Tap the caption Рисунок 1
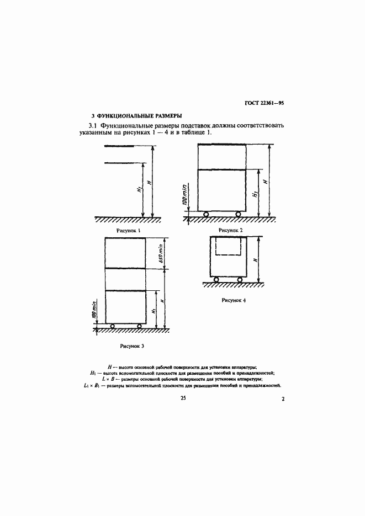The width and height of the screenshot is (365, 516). [129, 230]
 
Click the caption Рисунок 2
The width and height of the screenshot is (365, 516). [231, 230]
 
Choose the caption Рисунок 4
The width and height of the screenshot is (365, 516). [234, 300]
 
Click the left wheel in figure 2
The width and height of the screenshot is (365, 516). [205, 214]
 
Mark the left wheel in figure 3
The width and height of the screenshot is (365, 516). [112, 327]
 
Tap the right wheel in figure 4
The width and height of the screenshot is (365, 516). [240, 279]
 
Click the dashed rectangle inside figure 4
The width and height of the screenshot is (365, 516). [231, 247]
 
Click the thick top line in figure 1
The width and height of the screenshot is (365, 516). [119, 146]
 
